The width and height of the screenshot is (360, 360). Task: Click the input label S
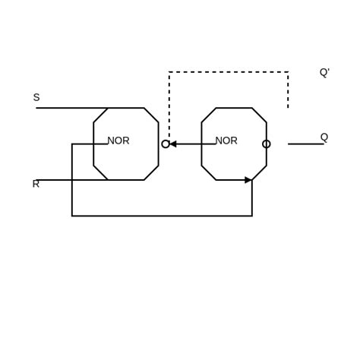point(36,97)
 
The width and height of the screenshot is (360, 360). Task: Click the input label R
point(35,184)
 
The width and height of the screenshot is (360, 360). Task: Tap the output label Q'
point(324,72)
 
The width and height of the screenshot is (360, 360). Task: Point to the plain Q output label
point(324,137)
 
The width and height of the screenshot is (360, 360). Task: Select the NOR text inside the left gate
point(118,141)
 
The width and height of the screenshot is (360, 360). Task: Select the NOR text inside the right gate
point(226,141)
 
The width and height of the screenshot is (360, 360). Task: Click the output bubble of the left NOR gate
point(166,144)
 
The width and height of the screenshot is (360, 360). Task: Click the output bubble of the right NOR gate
point(266,144)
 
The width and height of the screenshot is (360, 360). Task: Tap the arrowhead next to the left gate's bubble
point(173,144)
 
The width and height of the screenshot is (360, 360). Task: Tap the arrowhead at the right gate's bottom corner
point(248,180)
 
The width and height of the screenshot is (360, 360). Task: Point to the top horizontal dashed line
point(228,72)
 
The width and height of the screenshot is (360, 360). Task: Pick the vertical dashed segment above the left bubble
point(169,106)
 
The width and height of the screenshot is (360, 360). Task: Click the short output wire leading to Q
point(305,144)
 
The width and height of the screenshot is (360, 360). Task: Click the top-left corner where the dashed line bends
point(169,72)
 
